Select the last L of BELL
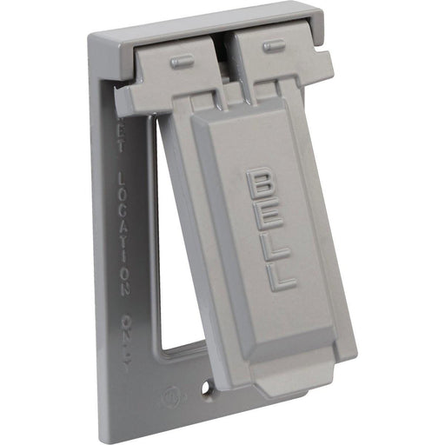(x=281, y=276)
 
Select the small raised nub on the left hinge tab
(x=183, y=61)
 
